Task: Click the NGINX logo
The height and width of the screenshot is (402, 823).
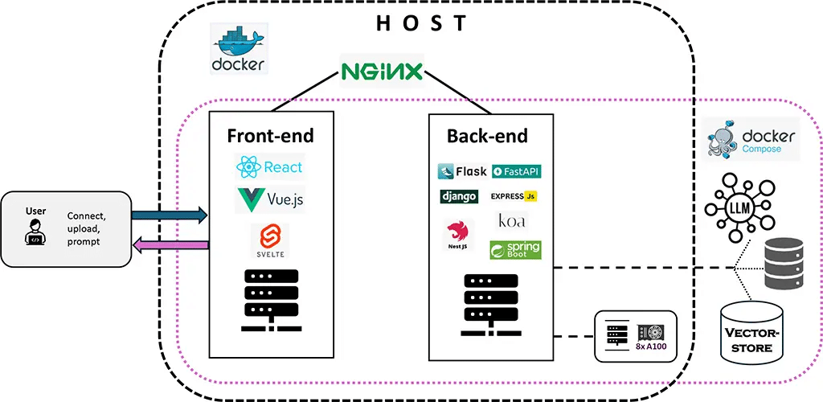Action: (382, 72)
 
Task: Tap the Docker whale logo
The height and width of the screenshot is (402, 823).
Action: (239, 48)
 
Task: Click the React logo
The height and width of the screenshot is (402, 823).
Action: (270, 167)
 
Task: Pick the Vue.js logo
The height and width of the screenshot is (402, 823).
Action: (270, 198)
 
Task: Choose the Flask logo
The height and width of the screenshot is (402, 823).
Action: (462, 171)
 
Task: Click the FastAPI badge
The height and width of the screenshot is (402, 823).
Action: (515, 171)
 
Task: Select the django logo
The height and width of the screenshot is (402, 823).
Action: (459, 196)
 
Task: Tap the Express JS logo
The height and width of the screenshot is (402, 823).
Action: (514, 196)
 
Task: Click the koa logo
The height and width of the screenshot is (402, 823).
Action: (512, 221)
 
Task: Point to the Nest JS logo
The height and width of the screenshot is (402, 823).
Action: (458, 236)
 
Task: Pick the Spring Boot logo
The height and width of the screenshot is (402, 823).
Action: (515, 249)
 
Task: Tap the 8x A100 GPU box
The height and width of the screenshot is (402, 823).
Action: (636, 335)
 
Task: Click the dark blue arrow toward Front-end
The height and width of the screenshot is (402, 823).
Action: (169, 215)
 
